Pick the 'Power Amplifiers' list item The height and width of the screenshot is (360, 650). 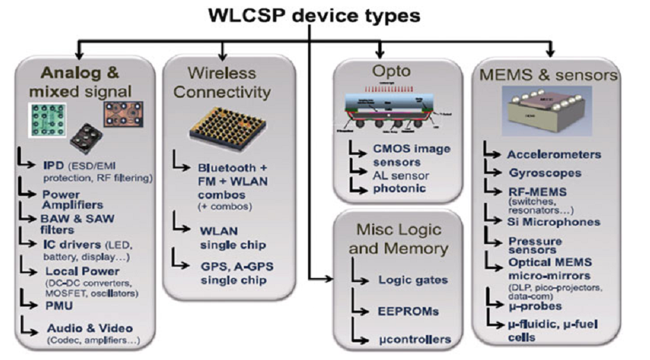(x=73, y=199)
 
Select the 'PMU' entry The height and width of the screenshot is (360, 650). (x=60, y=303)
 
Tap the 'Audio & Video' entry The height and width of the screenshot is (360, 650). (x=90, y=327)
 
